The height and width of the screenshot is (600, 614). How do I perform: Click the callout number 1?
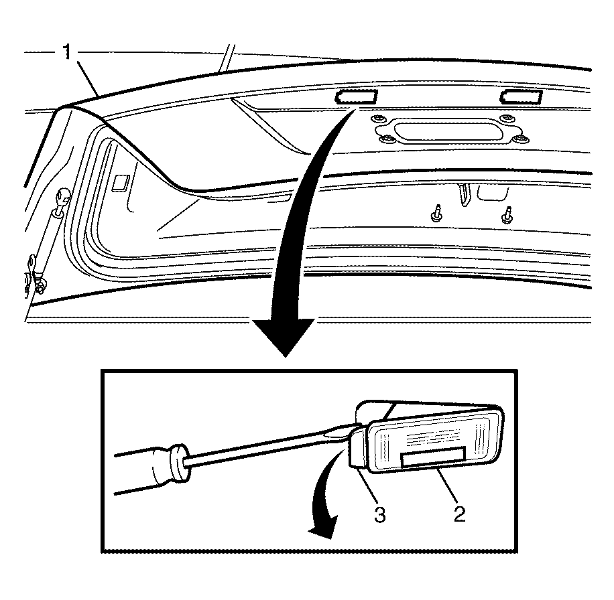[67, 52]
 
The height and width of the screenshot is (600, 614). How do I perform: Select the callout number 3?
[380, 514]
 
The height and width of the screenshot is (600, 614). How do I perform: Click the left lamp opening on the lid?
[355, 96]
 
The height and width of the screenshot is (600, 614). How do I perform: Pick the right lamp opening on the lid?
[521, 96]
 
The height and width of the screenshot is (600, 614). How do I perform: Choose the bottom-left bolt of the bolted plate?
[387, 138]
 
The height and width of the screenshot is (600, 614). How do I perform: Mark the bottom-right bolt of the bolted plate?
[520, 138]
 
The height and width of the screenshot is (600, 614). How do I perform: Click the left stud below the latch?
[436, 213]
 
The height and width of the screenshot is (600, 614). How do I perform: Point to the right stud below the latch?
[507, 215]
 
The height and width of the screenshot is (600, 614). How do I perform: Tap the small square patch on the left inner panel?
[121, 183]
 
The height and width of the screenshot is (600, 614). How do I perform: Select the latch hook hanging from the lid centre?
[464, 194]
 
